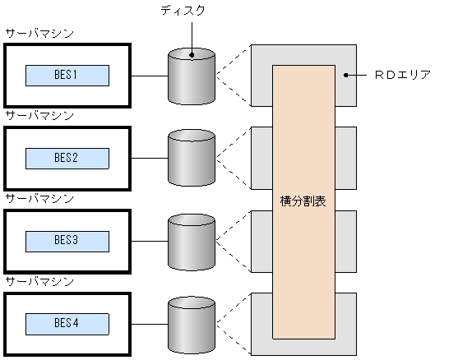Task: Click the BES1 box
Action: pos(67,76)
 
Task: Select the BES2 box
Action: pos(67,158)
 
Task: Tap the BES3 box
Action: pos(67,241)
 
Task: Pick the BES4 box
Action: pos(67,323)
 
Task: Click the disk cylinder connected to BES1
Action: pos(191,76)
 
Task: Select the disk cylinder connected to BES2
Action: pos(191,158)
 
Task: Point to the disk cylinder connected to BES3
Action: pos(191,241)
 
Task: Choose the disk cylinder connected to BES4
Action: pos(191,323)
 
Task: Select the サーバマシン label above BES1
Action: pos(39,34)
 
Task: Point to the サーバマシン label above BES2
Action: pos(39,116)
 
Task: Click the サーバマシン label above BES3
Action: pos(39,198)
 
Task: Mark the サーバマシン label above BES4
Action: pos(39,281)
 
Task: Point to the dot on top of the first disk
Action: pos(191,56)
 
